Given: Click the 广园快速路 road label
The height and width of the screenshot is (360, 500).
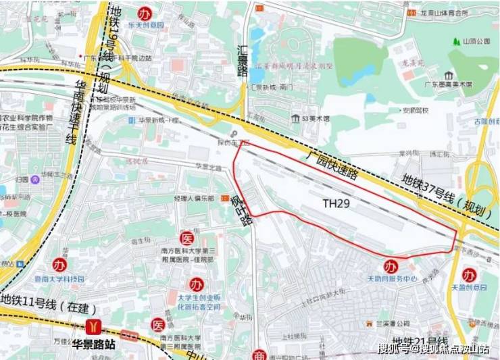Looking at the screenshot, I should click(331, 164).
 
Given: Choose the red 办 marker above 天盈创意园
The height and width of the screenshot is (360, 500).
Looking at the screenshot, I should click(468, 274).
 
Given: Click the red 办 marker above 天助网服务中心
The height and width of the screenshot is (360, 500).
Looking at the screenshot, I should click(390, 265).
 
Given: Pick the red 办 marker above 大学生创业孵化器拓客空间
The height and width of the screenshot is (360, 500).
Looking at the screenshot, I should click(196, 283).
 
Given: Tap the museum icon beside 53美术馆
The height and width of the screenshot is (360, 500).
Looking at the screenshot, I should click(295, 118).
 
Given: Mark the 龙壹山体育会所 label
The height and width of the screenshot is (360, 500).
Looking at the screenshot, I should click(445, 13).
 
